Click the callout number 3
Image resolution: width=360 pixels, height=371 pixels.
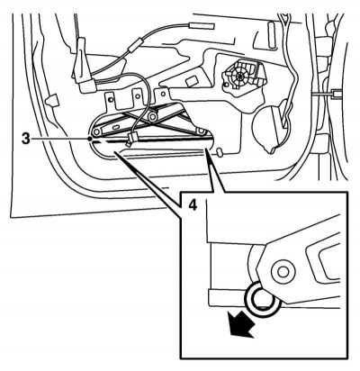pos(26,139)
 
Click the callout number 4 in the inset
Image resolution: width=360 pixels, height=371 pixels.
pos(193,205)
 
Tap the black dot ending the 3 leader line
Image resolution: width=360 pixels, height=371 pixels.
pos(90,139)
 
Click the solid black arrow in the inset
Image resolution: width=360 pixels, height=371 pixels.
pos(241,325)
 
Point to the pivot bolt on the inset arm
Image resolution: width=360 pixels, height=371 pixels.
pos(282,272)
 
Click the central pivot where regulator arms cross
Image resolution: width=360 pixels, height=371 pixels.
pos(153,116)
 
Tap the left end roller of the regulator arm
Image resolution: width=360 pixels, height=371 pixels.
pos(96,131)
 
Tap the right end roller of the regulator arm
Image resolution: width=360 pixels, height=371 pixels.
pos(201,131)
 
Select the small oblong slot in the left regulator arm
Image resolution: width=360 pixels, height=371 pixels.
pos(115,128)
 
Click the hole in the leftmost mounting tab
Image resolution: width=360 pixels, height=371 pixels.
pos(112,99)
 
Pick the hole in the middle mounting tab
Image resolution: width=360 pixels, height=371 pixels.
pos(138,96)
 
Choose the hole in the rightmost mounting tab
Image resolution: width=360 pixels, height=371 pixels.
pos(163,94)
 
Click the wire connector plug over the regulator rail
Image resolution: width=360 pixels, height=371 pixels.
pos(131,139)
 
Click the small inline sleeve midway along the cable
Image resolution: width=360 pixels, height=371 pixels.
pos(134,44)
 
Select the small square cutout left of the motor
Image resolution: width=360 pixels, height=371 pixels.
pos(192,81)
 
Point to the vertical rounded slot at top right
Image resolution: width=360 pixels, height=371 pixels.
pos(272,34)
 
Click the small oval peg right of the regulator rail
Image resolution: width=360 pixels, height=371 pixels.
pos(220,152)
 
